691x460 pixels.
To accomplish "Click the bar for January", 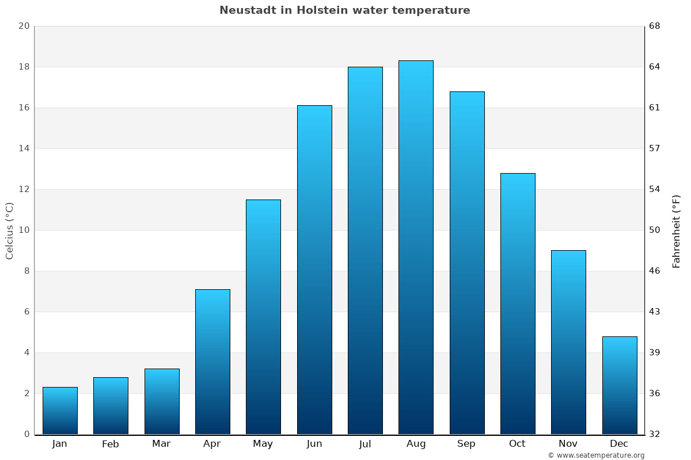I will pyautogui.click(x=60, y=411).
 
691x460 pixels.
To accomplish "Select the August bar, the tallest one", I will pyautogui.click(x=416, y=247).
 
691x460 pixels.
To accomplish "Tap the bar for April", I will pyautogui.click(x=212, y=362).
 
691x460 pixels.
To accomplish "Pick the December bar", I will pyautogui.click(x=619, y=385).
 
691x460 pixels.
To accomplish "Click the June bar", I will pyautogui.click(x=314, y=270).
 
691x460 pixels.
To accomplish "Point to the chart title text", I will pyautogui.click(x=344, y=10).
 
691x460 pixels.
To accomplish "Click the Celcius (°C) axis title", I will pyautogui.click(x=9, y=231).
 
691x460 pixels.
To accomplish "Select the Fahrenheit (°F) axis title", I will pyautogui.click(x=677, y=231).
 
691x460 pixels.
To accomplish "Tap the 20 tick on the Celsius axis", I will pyautogui.click(x=24, y=26).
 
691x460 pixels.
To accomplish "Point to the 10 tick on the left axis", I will pyautogui.click(x=24, y=230).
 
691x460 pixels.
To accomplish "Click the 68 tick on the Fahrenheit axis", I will pyautogui.click(x=655, y=26).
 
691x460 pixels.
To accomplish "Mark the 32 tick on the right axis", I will pyautogui.click(x=655, y=434).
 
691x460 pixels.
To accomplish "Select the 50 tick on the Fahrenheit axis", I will pyautogui.click(x=655, y=230).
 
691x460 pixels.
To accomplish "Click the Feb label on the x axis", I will pyautogui.click(x=110, y=444).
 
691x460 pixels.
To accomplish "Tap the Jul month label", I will pyautogui.click(x=365, y=444).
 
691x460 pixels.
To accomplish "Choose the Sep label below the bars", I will pyautogui.click(x=466, y=444).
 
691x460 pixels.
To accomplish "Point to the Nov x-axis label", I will pyautogui.click(x=568, y=444).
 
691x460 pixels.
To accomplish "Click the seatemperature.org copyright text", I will pyautogui.click(x=596, y=455).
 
